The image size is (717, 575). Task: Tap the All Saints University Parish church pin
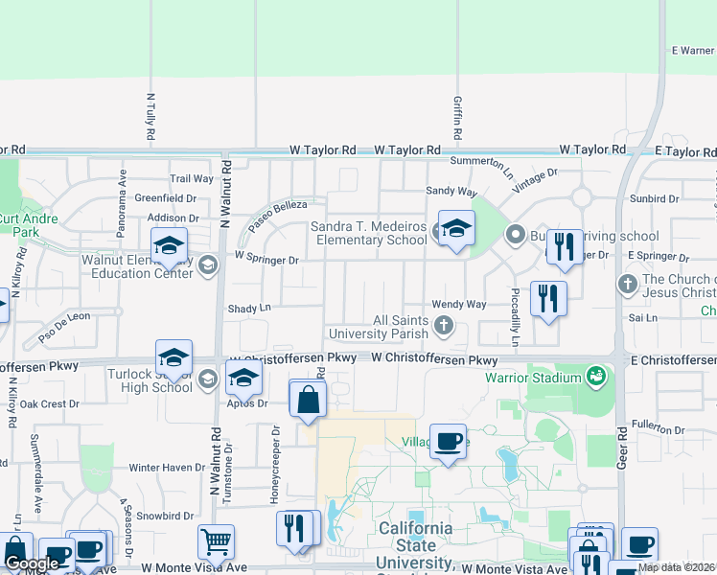pyautogui.click(x=443, y=326)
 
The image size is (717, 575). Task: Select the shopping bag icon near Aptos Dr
pyautogui.click(x=308, y=400)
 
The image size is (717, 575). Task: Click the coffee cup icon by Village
pyautogui.click(x=448, y=442)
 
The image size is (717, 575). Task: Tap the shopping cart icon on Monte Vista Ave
pyautogui.click(x=217, y=542)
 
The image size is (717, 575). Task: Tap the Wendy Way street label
pyautogui.click(x=459, y=304)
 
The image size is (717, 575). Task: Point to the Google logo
pyautogui.click(x=32, y=563)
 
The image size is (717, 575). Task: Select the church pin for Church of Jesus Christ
pyautogui.click(x=627, y=284)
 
